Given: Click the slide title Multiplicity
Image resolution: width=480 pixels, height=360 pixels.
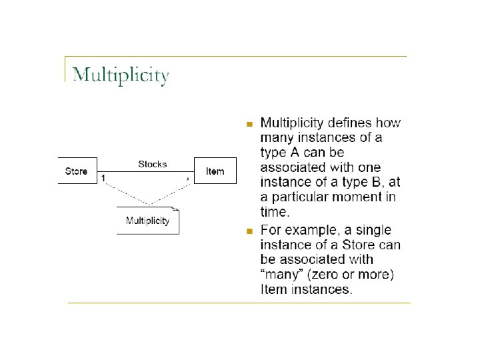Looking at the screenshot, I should pos(121,75).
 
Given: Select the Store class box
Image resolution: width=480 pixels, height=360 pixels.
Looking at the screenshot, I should pos(77,171).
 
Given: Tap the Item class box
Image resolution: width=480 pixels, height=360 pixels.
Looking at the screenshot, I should pos(215,172).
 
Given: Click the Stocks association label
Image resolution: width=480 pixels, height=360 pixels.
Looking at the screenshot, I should pos(152,164).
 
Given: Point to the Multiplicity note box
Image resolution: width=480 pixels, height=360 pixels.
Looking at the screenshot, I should pos(148,221).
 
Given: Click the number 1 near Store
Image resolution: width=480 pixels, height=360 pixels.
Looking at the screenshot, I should pos(103,178).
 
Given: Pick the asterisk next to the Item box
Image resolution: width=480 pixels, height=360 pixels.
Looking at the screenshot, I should pos(187,179).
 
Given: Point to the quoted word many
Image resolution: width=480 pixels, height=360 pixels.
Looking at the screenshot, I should pos(284,275).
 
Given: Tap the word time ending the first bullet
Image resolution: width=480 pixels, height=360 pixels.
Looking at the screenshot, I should pos(274,212).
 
